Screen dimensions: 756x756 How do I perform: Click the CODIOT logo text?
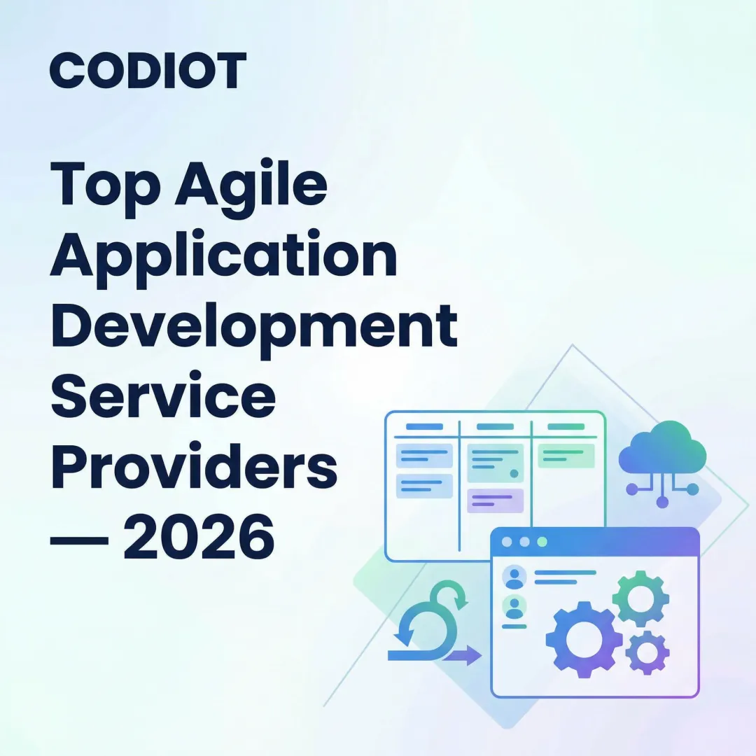[148, 71]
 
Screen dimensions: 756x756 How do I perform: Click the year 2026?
[199, 538]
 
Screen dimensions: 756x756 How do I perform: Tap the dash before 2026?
[79, 540]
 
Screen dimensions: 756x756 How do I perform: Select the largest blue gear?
[584, 638]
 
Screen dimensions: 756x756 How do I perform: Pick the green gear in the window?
[640, 598]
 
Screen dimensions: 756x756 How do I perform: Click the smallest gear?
[647, 652]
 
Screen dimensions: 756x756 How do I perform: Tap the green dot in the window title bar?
[541, 542]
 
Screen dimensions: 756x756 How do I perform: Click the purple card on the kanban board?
[495, 500]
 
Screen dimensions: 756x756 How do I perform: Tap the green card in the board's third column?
[566, 456]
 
